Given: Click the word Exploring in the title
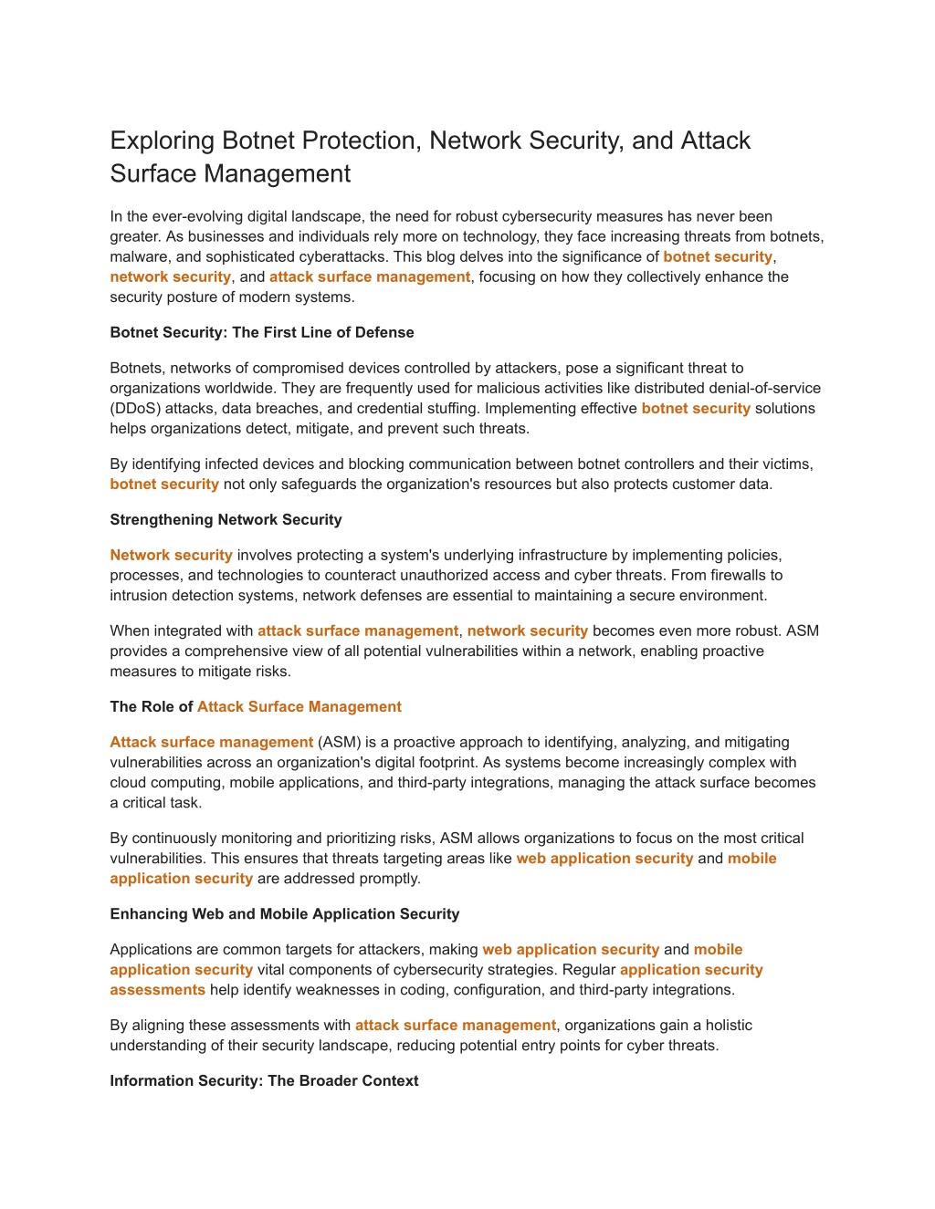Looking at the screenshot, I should coord(162,141).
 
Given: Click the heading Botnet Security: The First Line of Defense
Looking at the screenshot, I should coord(262,332).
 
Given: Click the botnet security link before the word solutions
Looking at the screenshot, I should coord(696,408).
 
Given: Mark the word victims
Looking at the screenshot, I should coord(784,464).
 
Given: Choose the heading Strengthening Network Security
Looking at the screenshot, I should coord(226,519).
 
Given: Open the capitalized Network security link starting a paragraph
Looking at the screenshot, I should coord(171,555).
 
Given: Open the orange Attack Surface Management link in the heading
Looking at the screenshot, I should coord(299,706).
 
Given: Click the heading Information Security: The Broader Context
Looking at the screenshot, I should coord(264,1080).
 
